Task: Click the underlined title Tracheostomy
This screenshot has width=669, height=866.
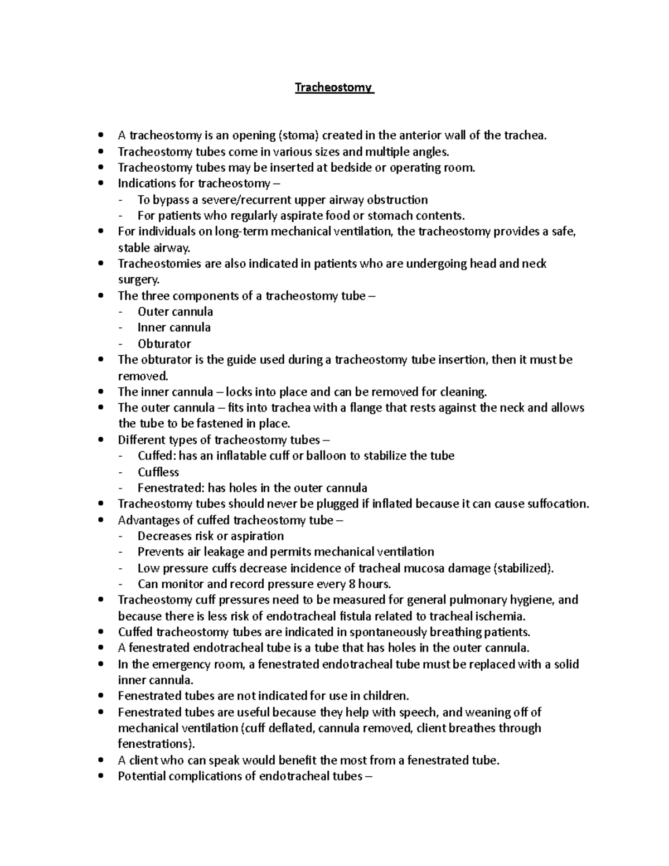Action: click(x=333, y=88)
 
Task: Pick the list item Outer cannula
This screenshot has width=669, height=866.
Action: click(x=175, y=312)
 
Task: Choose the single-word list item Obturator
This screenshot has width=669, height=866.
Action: click(x=164, y=344)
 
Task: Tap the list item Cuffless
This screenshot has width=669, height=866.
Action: click(x=158, y=472)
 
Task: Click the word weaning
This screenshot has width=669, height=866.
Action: click(x=489, y=712)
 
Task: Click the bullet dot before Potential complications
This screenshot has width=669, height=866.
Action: click(x=100, y=776)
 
